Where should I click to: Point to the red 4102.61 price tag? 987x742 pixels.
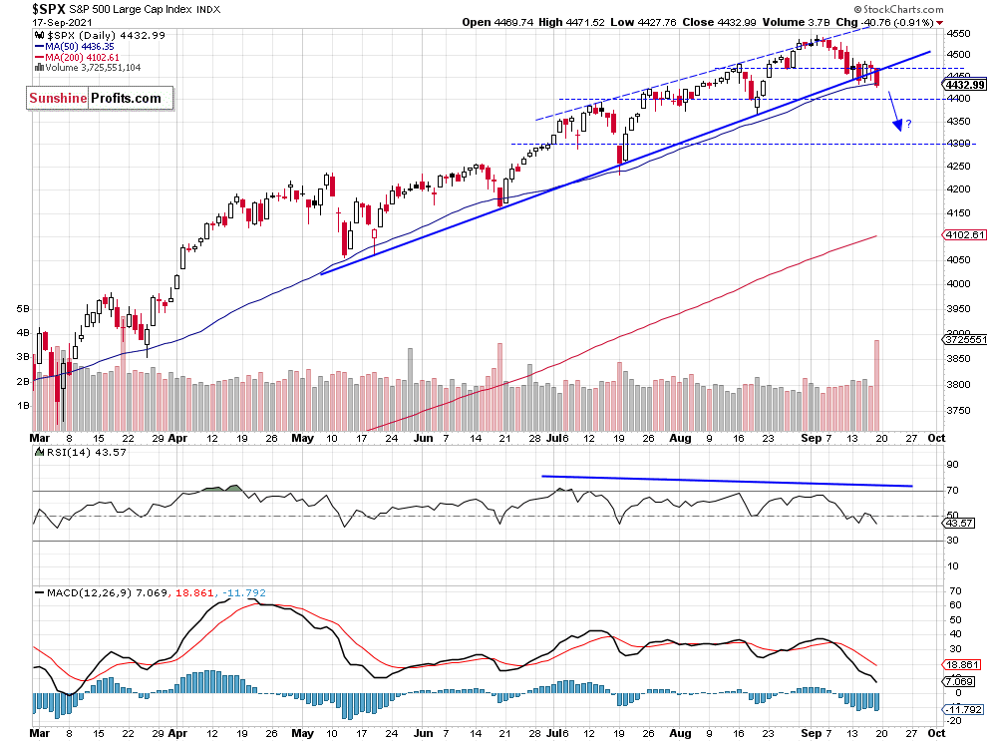[x=963, y=235]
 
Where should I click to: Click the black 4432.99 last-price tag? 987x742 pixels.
[x=963, y=85]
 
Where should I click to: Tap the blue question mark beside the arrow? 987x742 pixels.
[x=909, y=124]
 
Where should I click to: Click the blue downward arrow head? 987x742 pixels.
[x=898, y=126]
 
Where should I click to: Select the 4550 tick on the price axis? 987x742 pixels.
[x=958, y=31]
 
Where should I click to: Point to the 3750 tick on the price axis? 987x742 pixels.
[x=958, y=410]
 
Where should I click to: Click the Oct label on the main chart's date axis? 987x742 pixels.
[x=935, y=437]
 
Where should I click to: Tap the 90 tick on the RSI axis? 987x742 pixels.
[x=952, y=465]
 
